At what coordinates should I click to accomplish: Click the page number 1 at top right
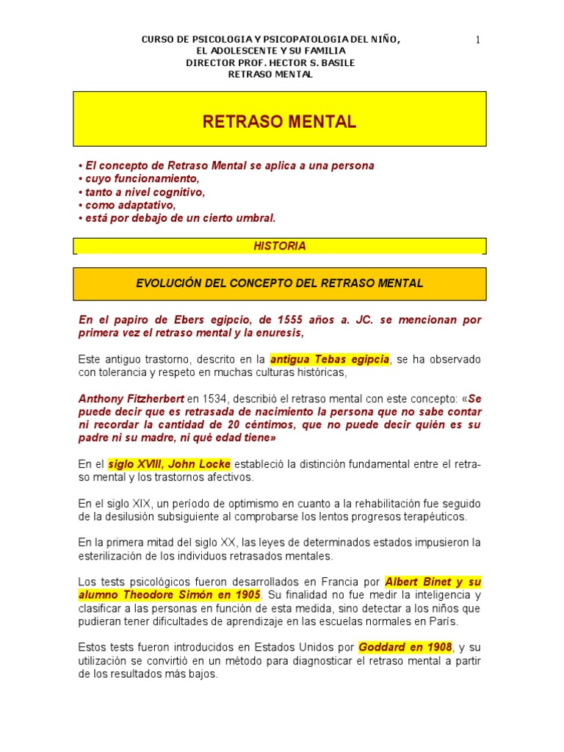tap(477, 40)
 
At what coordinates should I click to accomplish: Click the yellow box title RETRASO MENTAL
tap(279, 123)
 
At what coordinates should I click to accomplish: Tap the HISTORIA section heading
tap(279, 247)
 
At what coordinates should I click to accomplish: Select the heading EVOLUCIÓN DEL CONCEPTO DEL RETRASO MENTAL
tap(279, 283)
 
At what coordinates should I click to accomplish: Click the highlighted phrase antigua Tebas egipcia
tap(330, 360)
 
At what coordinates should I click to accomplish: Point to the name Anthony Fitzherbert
tap(131, 398)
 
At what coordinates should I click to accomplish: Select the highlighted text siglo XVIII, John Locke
tap(170, 464)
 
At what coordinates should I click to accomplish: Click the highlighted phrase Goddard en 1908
tap(405, 648)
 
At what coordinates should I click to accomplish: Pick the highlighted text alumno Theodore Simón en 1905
tap(170, 595)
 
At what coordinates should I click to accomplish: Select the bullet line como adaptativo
tap(130, 205)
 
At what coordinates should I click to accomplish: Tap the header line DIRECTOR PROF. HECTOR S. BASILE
tap(271, 62)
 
